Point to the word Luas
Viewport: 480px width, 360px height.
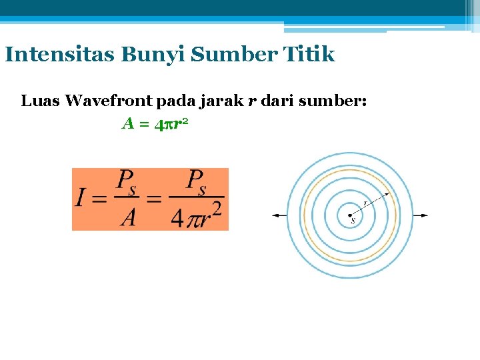pyautogui.click(x=39, y=101)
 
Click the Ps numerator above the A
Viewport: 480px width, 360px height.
pyautogui.click(x=126, y=181)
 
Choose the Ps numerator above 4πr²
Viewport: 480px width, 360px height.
pyautogui.click(x=198, y=181)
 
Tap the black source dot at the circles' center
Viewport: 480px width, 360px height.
pyautogui.click(x=350, y=215)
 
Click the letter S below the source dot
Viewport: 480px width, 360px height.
pyautogui.click(x=353, y=221)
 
